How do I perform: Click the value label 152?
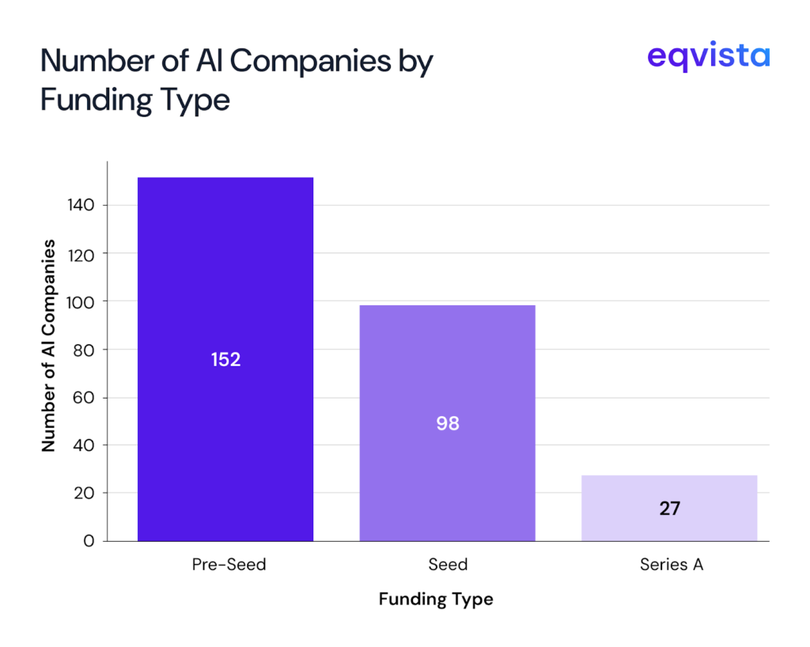(225, 360)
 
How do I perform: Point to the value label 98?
(448, 424)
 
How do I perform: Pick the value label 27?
(669, 509)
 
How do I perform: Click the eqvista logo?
(708, 57)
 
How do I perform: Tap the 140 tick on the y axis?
(81, 206)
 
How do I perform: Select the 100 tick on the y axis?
(81, 301)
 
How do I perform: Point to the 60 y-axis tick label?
(85, 397)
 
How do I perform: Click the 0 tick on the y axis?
(89, 541)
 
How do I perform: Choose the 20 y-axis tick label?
(85, 493)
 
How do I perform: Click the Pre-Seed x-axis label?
(229, 565)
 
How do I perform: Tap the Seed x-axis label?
(448, 565)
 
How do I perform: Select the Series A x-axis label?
(671, 565)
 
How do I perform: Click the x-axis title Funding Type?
(435, 600)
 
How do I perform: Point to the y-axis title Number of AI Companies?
(49, 345)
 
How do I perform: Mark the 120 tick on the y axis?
(81, 254)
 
